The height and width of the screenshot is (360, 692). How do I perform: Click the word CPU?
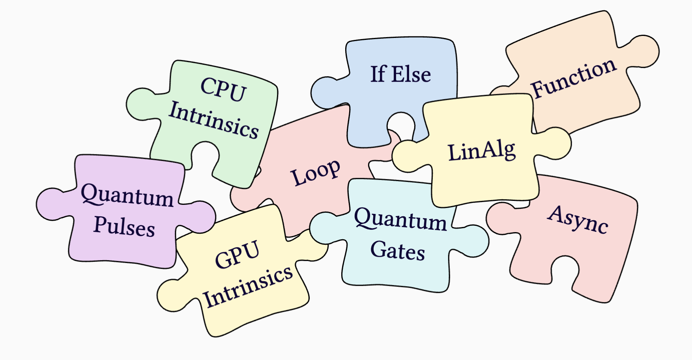tap(223, 90)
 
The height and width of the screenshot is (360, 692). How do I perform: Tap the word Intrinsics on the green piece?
tap(213, 120)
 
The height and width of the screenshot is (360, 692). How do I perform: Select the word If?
tap(378, 74)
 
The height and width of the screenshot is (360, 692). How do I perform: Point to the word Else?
tap(411, 75)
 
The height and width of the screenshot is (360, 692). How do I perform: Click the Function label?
tap(573, 79)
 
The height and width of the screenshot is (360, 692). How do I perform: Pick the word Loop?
tap(315, 172)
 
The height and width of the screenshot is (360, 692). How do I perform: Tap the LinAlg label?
tap(481, 151)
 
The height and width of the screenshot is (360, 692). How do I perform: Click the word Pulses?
tap(124, 227)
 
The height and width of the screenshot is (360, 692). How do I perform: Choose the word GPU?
tap(237, 254)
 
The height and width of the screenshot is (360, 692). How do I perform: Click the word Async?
tap(578, 219)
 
